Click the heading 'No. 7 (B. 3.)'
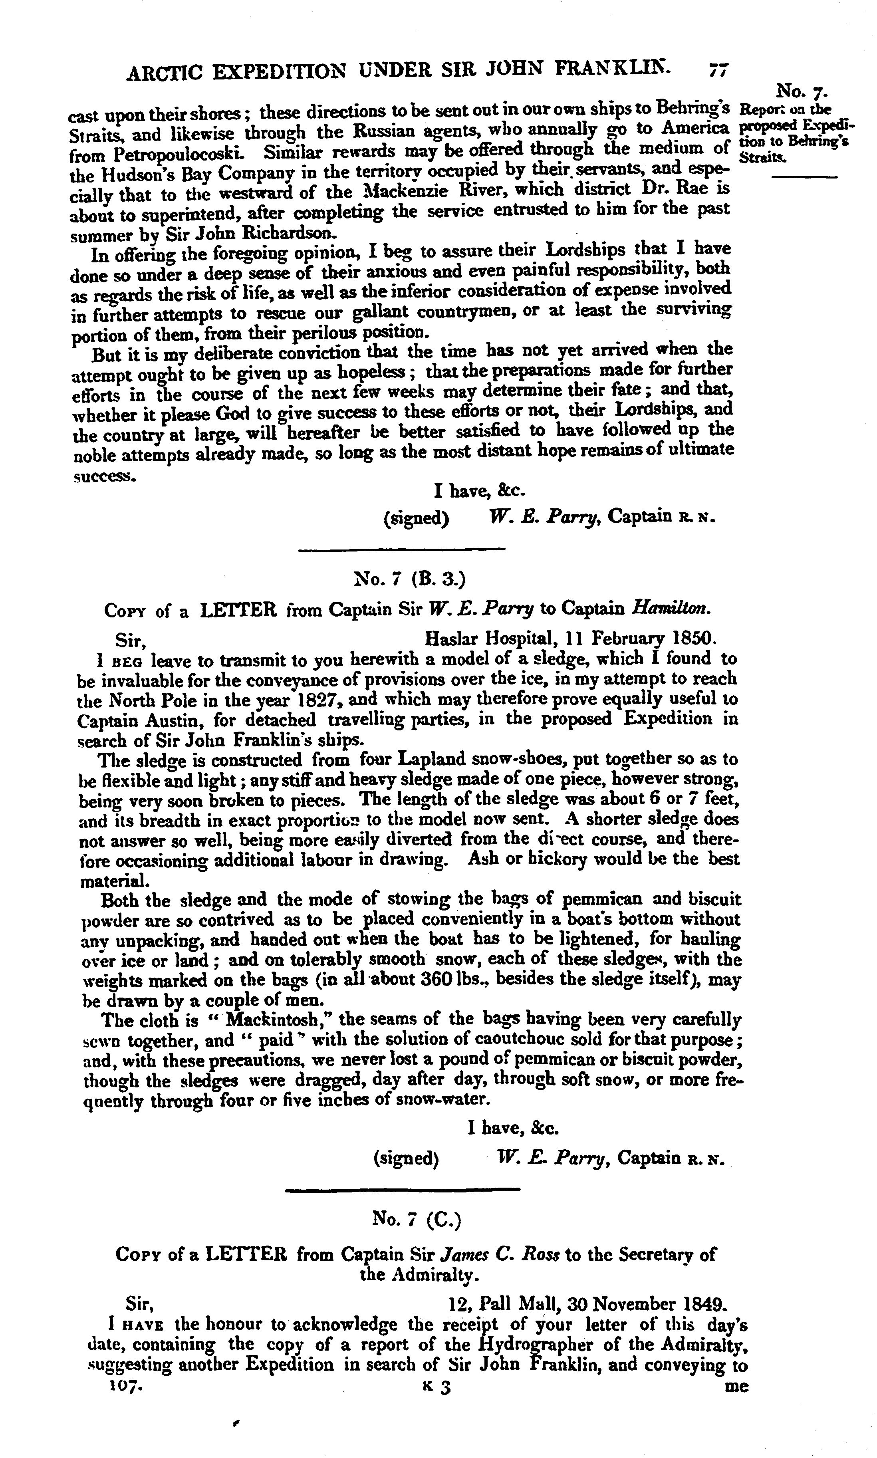coord(409,579)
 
